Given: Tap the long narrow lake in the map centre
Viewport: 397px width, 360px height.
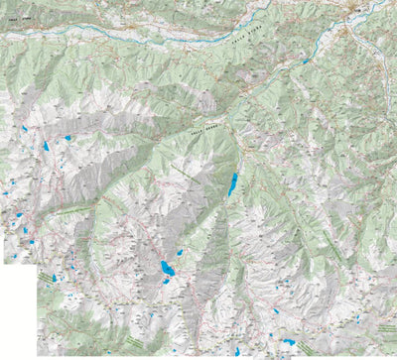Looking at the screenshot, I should (x=233, y=184).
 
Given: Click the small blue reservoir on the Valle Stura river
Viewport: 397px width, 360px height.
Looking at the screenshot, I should (x=306, y=61).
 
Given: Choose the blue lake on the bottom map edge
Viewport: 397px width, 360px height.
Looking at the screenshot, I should (x=237, y=351).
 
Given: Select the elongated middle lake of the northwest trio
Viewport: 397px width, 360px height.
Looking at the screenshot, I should (x=46, y=147).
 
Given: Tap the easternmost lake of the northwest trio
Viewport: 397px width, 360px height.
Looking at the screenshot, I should (x=67, y=138).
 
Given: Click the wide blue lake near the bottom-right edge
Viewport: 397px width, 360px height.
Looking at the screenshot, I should (x=288, y=342).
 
